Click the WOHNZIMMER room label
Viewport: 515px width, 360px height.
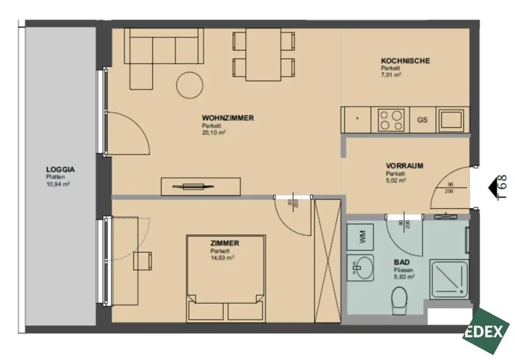tap(228, 118)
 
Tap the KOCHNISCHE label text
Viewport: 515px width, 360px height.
tap(405, 61)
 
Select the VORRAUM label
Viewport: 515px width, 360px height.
tap(404, 165)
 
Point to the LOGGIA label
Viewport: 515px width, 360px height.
tap(60, 170)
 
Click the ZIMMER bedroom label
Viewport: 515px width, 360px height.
tap(225, 243)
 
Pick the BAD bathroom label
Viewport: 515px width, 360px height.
tap(401, 262)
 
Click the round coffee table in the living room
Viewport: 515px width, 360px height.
tap(190, 85)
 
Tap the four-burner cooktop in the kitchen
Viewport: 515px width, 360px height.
tap(391, 120)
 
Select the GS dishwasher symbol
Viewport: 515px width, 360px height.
tap(422, 120)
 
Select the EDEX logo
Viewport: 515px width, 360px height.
tap(486, 331)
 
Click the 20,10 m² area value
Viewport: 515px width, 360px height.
tap(214, 133)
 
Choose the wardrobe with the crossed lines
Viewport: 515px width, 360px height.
tap(327, 261)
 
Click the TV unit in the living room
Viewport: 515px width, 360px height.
tap(201, 187)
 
